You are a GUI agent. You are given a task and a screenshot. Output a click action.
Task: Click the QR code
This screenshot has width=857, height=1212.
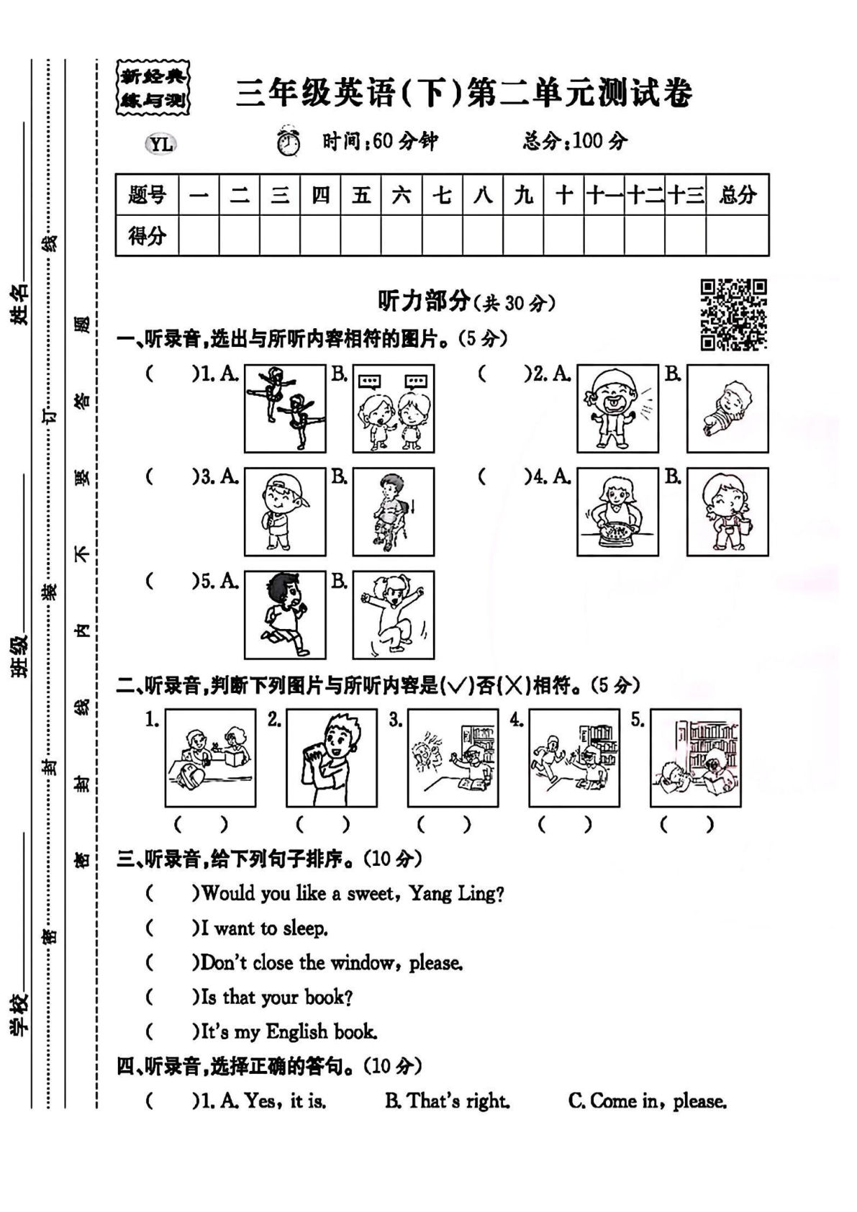tap(733, 315)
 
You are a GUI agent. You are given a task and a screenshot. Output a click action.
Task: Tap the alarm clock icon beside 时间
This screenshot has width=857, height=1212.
tap(289, 141)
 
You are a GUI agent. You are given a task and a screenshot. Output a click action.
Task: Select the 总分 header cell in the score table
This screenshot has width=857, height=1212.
tap(737, 194)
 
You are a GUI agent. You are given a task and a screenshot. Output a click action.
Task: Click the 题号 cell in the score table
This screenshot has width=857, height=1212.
tap(147, 194)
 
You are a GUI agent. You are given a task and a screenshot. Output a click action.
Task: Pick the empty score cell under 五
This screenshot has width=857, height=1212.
tap(361, 235)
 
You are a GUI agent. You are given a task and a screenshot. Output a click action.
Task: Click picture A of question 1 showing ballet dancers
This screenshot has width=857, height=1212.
tap(285, 408)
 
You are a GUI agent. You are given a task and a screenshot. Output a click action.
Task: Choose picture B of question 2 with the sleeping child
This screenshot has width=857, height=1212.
tap(727, 408)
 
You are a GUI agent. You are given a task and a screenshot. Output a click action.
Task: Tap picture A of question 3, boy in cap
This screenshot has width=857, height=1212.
tap(285, 512)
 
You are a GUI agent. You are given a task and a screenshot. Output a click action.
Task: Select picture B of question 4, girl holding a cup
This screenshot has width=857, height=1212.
tap(727, 512)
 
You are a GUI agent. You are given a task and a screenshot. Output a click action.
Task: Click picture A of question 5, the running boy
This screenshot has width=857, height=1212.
tap(285, 615)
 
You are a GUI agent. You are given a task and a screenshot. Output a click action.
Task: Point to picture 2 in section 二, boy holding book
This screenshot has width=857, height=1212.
tap(332, 758)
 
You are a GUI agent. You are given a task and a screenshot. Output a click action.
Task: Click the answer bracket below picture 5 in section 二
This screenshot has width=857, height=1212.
tap(687, 824)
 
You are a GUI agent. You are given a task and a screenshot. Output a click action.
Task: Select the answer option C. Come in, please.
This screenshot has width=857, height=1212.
tap(648, 1101)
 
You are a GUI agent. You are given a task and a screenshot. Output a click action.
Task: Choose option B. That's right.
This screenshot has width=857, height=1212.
tap(448, 1101)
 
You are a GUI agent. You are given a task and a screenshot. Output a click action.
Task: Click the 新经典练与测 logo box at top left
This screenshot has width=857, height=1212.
tap(153, 89)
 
